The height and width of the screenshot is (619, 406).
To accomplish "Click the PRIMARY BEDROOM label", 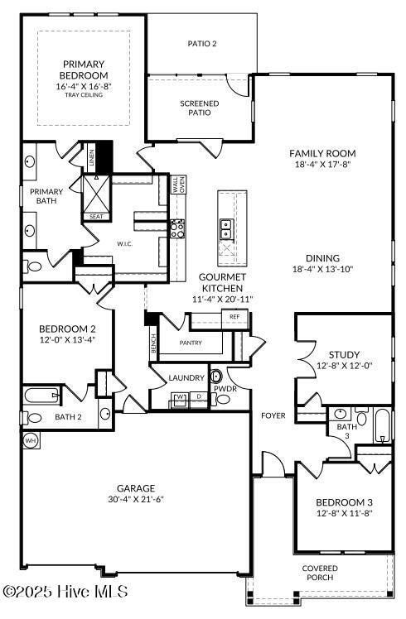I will point(82,70).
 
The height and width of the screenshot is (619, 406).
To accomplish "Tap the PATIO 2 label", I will point(201,44).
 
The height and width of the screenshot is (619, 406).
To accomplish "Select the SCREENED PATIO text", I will point(200,109).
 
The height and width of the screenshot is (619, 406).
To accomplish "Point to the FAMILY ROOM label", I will point(322,153).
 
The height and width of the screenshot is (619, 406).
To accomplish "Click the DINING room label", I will point(322,258).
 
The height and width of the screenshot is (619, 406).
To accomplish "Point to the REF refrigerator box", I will point(234,317).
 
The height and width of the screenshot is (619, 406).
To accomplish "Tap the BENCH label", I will point(153,340).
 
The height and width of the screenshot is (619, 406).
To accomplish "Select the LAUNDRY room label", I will point(186,378).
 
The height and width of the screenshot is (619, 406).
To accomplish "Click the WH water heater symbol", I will point(30,439).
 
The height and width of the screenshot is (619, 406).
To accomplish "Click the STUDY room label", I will point(343,355).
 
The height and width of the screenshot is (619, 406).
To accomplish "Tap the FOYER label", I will point(273,415).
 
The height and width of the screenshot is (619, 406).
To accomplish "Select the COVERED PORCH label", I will point(319,573).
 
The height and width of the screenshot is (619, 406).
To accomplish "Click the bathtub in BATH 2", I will point(41,396).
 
